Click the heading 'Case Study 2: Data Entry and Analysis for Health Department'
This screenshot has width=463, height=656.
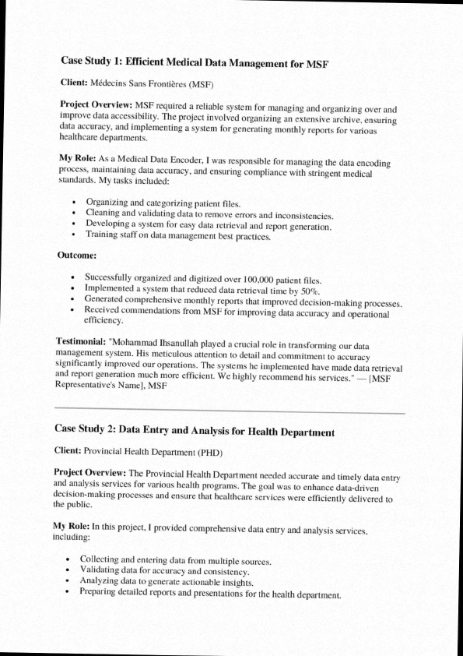[195, 430]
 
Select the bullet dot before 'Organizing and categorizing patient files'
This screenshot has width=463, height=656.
[73, 203]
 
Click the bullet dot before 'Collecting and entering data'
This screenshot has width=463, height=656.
[69, 559]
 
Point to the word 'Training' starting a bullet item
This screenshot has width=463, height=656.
[104, 235]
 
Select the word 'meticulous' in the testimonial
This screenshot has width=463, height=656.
[166, 354]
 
